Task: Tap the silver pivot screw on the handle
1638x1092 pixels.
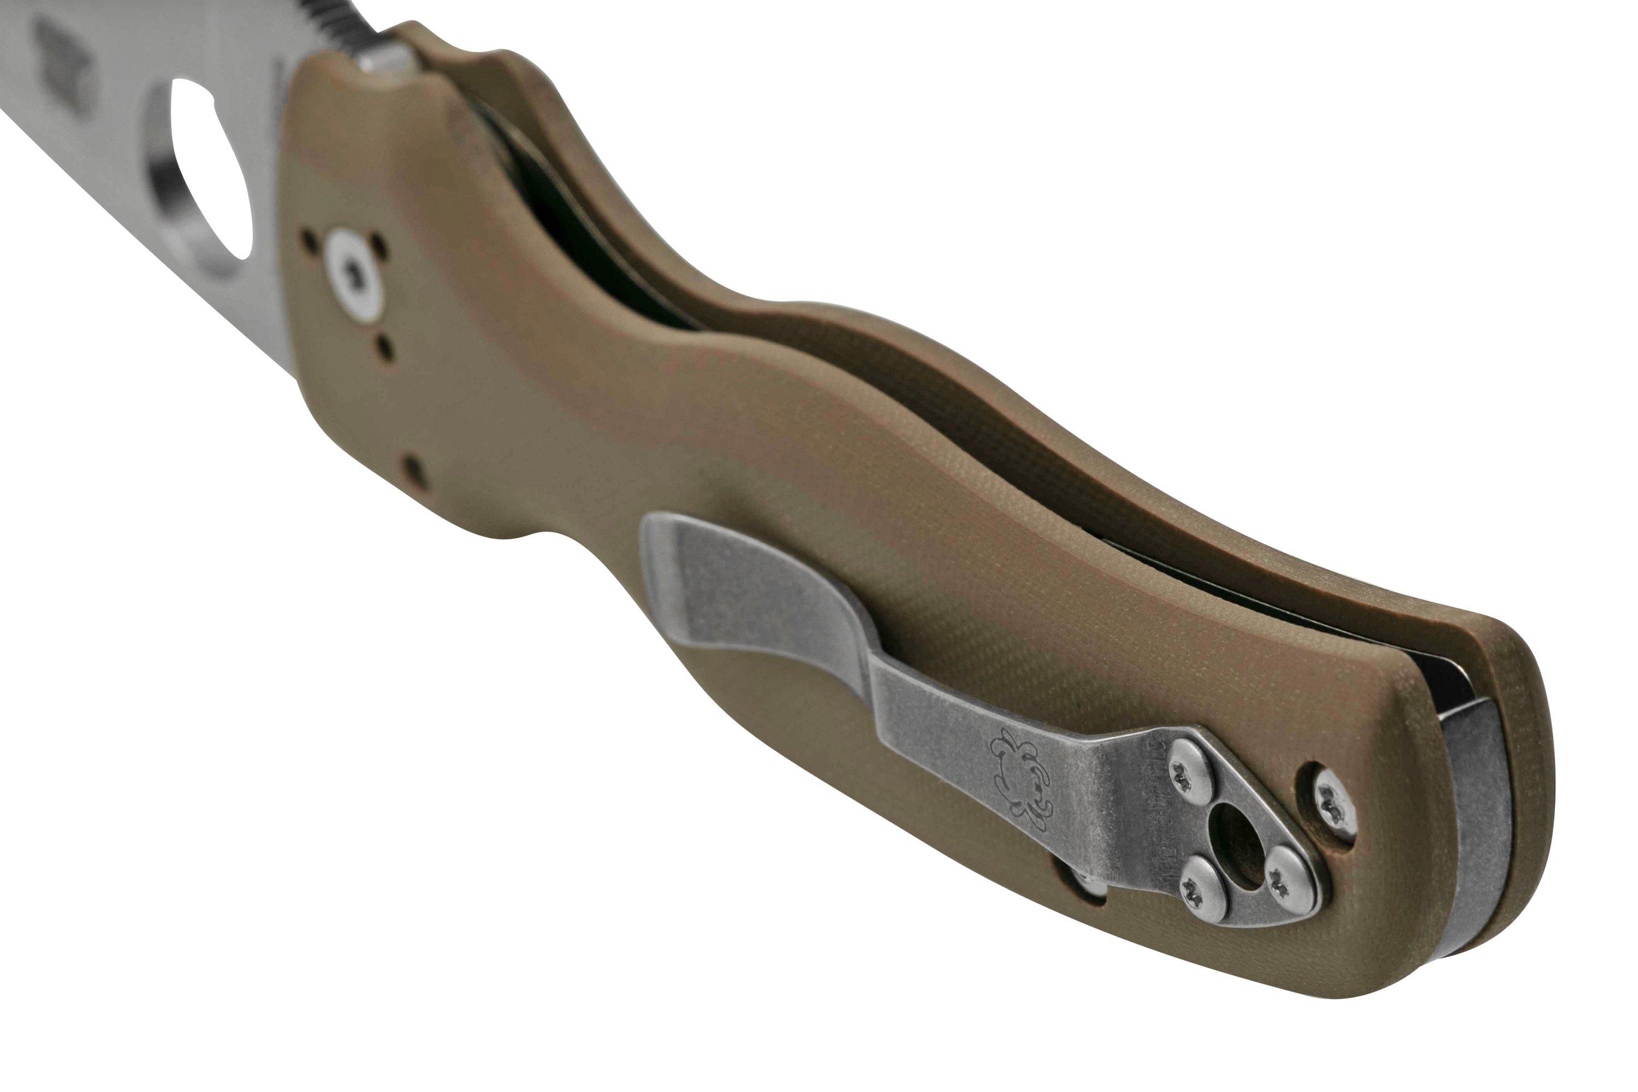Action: [356, 276]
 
